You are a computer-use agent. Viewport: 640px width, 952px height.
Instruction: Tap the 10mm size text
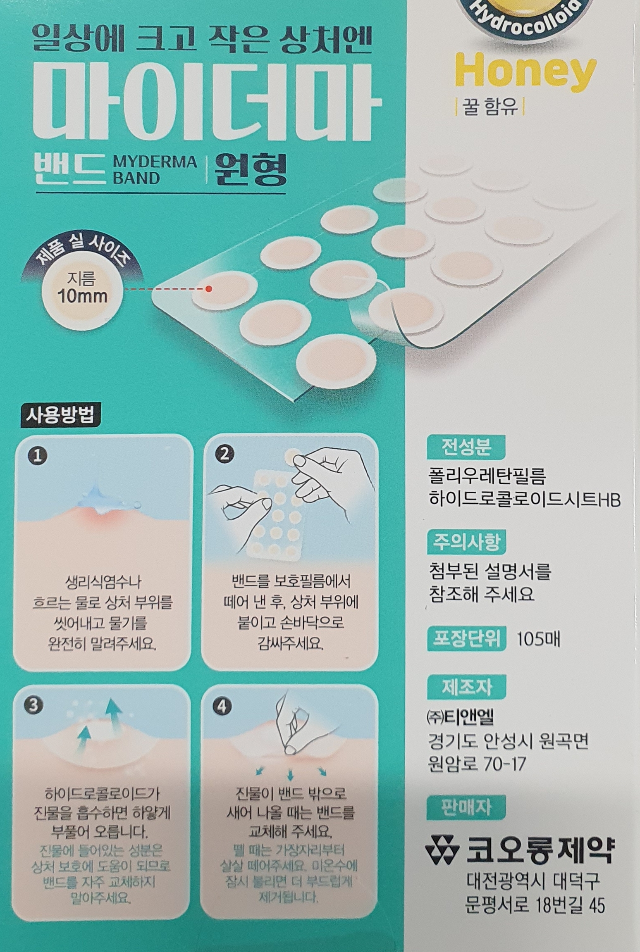pyautogui.click(x=83, y=296)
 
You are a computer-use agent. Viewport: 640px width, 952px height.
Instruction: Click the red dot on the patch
pyautogui.click(x=208, y=289)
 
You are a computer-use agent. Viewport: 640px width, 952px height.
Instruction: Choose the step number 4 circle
pyautogui.click(x=222, y=707)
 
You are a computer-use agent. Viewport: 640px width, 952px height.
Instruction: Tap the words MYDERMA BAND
pyautogui.click(x=155, y=170)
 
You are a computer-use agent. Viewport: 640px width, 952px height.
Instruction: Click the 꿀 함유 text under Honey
pyautogui.click(x=490, y=107)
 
